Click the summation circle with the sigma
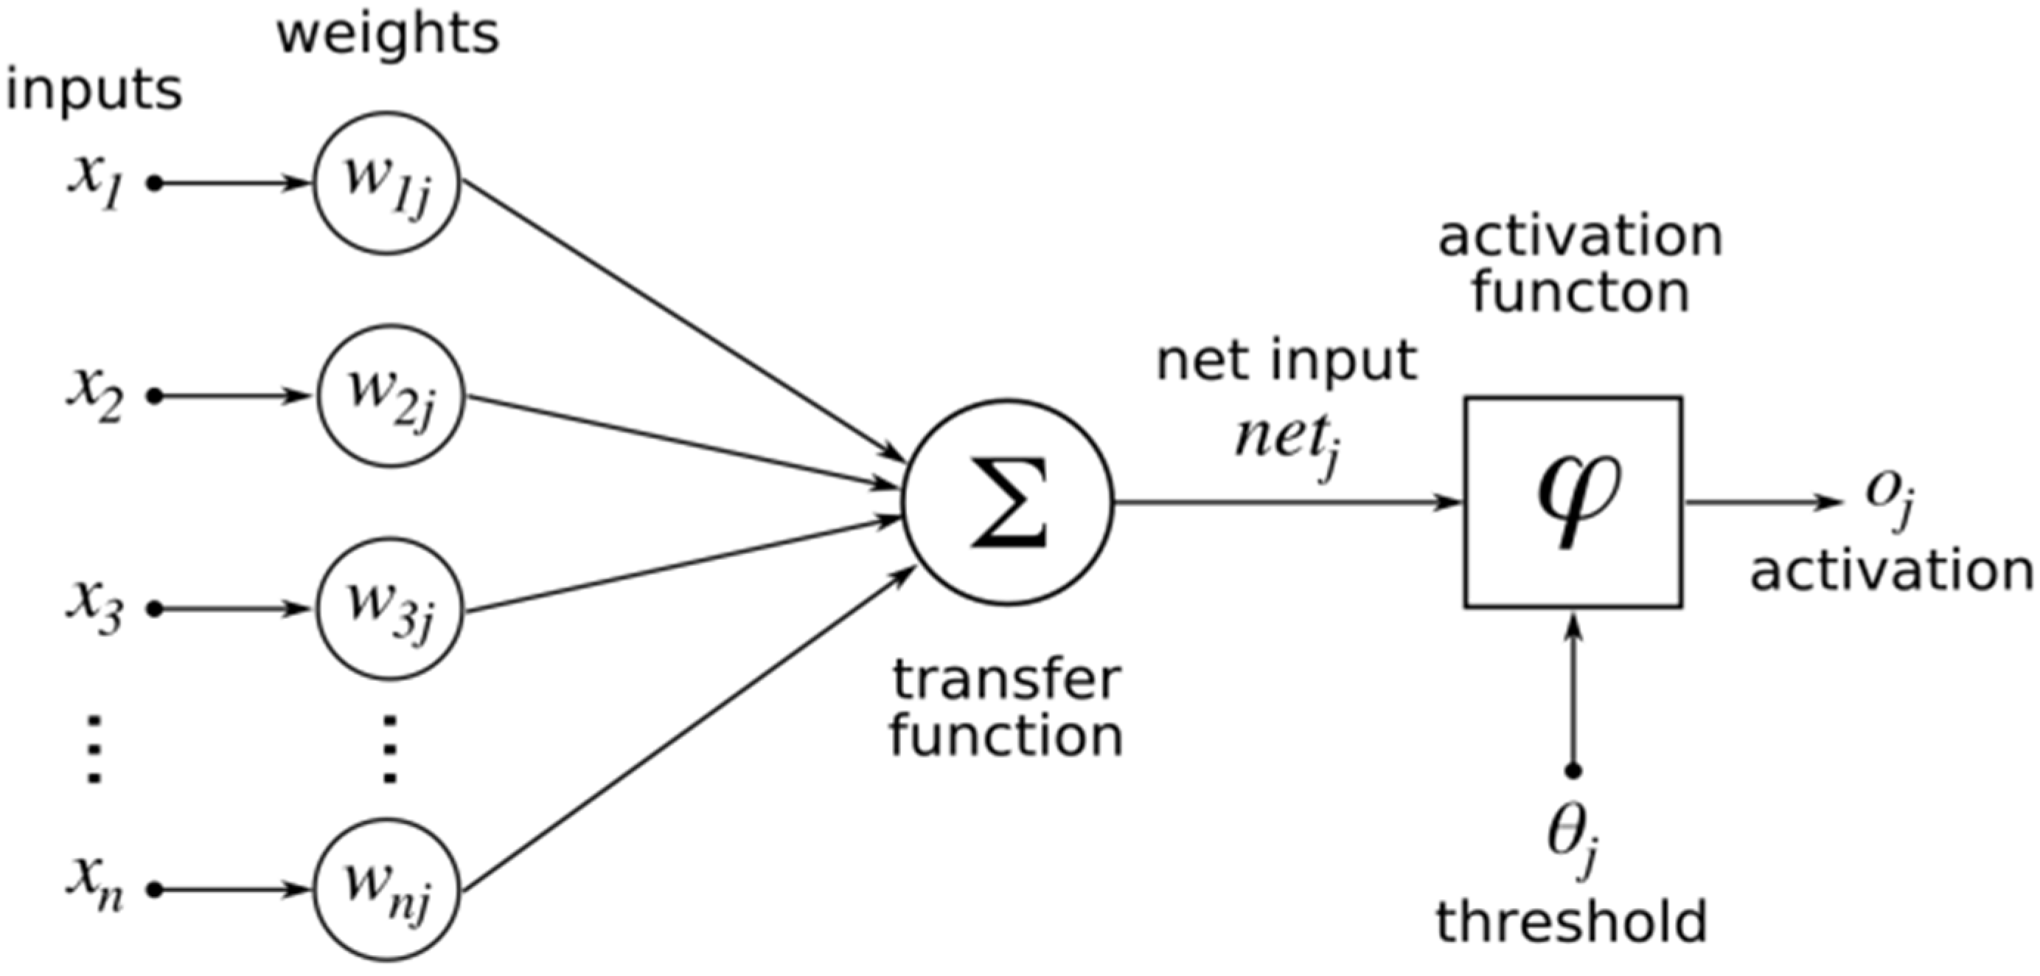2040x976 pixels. (1008, 503)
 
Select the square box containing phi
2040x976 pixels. (1573, 502)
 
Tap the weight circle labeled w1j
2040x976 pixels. (386, 183)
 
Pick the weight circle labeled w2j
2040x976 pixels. (391, 396)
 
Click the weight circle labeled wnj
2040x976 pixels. (387, 890)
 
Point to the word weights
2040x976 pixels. (387, 35)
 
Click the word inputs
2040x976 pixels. (94, 90)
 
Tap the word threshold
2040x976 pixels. (1571, 922)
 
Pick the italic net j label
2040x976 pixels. (1286, 443)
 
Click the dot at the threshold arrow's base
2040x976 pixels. (1573, 770)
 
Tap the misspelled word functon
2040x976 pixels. (1581, 293)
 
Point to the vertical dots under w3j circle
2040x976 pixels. (389, 749)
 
